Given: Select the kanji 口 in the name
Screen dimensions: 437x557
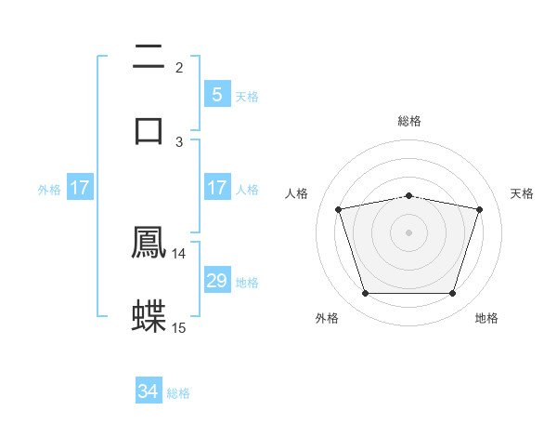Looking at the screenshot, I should point(149,128).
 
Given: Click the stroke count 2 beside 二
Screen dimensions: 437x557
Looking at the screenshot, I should point(179,67).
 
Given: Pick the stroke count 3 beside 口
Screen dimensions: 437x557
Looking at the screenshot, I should point(179,141).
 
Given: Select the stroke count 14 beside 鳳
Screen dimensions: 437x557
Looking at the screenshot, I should point(179,254).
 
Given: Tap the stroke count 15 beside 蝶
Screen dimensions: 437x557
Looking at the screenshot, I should point(179,327).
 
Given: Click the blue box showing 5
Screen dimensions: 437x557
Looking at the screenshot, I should point(216,94).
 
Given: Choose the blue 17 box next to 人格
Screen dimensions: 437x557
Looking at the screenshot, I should point(216,188).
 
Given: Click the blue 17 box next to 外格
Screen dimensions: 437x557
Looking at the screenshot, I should point(80,188).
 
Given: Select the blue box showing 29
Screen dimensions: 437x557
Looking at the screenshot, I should point(216,281).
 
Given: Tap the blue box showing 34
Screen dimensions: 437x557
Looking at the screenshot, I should point(149,391).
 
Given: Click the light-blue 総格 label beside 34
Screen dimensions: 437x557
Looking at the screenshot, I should point(178,393).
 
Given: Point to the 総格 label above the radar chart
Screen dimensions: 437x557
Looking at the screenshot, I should point(409,121).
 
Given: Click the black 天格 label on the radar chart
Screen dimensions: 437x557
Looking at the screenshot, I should point(523,193).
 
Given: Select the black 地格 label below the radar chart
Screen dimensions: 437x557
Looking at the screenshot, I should point(486,318).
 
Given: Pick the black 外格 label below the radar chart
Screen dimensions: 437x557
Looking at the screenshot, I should point(327,318).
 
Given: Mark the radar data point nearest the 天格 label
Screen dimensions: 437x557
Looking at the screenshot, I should point(479,209).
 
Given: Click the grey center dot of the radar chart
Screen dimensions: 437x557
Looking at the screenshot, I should point(408,232).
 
